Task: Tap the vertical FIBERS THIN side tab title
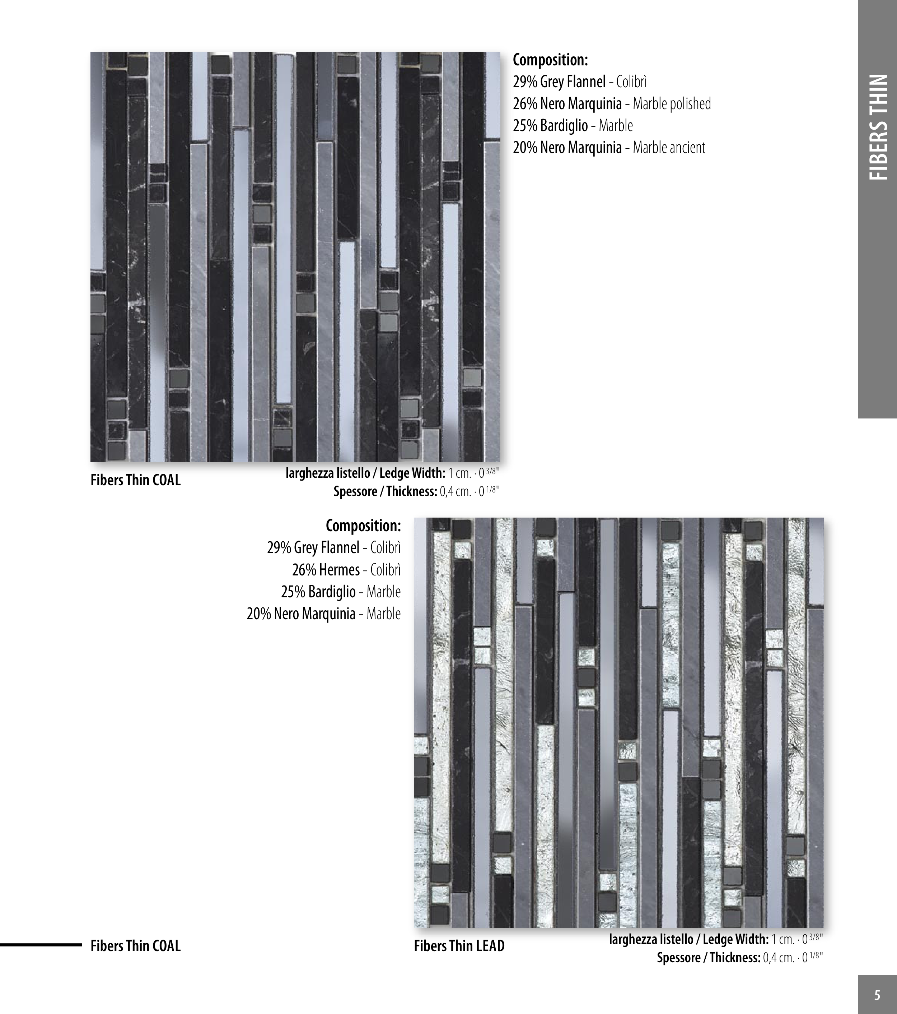(x=878, y=127)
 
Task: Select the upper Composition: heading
(x=550, y=60)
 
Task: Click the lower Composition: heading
(x=364, y=525)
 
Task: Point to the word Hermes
(x=341, y=570)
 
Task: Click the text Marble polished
(x=672, y=104)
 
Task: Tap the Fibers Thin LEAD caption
(x=459, y=946)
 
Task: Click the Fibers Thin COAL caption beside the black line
(x=135, y=946)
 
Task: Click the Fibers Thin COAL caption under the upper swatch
(x=135, y=480)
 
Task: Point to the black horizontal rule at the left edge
(x=41, y=945)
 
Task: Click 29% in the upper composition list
(x=525, y=82)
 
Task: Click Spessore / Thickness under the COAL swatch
(x=385, y=492)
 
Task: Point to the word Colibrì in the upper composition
(x=631, y=82)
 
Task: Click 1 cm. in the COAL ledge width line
(x=460, y=473)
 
